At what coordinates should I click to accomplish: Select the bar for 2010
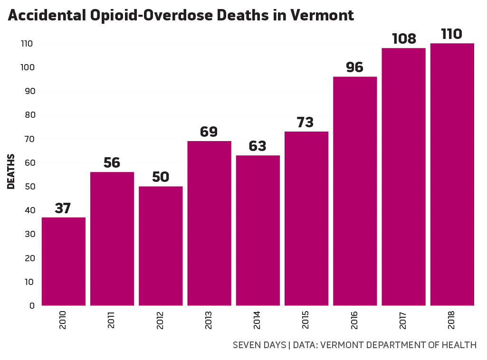coord(63,261)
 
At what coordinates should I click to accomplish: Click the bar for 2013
coord(209,223)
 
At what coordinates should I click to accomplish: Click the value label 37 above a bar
coord(63,208)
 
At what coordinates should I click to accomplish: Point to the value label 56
coord(112,163)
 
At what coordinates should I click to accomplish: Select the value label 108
coord(404,38)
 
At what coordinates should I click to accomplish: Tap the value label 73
coord(305,123)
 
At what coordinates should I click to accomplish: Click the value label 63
coord(258,146)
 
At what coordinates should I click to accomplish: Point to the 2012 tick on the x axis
coord(160,321)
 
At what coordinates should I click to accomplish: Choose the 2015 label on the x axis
coord(306,321)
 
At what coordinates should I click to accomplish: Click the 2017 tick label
coord(403,321)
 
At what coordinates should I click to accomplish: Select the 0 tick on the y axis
coord(32,306)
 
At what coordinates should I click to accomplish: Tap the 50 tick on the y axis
coord(29,187)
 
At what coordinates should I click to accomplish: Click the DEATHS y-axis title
coord(11,171)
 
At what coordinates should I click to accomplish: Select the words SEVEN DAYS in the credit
coord(259,345)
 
